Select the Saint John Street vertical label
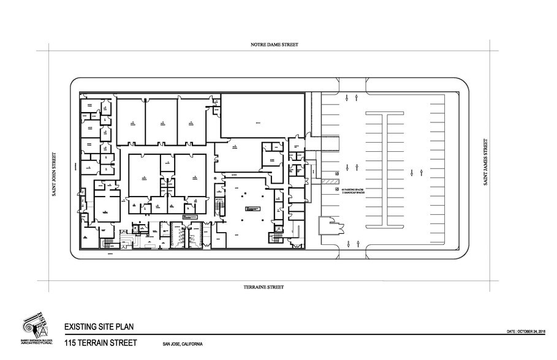[54, 174]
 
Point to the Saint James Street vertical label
[485, 162]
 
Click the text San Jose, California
[183, 343]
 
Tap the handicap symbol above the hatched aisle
[337, 173]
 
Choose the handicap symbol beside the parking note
[337, 190]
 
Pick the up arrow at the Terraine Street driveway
[348, 244]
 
